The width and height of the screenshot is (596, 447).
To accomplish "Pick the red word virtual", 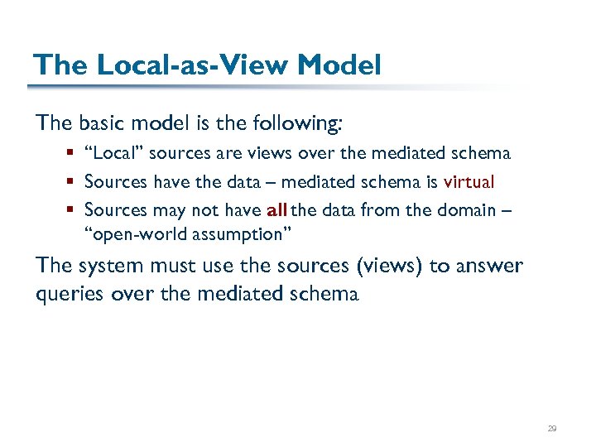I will [x=469, y=182].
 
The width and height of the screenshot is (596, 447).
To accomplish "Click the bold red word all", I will [x=277, y=210].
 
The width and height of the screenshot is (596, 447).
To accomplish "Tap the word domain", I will [x=464, y=210].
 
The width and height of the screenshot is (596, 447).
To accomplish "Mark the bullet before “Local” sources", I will [x=73, y=154].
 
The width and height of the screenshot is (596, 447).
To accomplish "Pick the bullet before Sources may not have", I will [x=73, y=211].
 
